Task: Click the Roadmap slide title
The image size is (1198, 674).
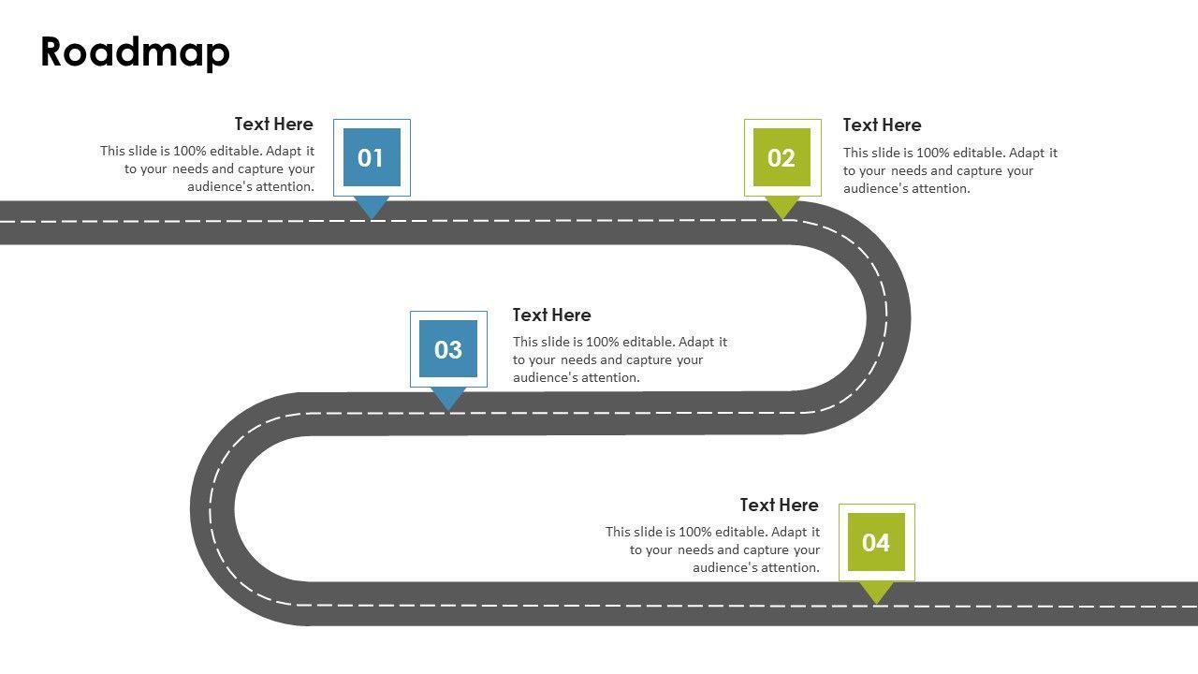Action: tap(135, 53)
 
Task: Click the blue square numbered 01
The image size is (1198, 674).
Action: tap(372, 157)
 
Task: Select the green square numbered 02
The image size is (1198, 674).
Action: tap(782, 157)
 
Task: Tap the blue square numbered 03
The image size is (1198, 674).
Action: tap(448, 349)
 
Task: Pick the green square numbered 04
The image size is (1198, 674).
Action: tap(876, 542)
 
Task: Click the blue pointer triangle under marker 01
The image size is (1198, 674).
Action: tap(372, 207)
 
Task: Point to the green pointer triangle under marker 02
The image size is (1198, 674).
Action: tap(782, 207)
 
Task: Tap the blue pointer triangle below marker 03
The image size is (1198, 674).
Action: tap(448, 398)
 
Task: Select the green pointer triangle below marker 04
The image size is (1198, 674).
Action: tap(876, 591)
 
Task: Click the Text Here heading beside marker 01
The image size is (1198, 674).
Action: tap(273, 124)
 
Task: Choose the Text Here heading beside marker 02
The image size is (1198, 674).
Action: tap(882, 125)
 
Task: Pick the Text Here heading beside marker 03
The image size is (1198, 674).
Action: tap(551, 315)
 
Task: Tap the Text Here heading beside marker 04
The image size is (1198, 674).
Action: tap(779, 505)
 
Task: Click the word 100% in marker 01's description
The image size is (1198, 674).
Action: tap(192, 151)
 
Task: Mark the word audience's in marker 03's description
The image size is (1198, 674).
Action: tap(546, 377)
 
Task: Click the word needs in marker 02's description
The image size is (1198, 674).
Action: tap(908, 170)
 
